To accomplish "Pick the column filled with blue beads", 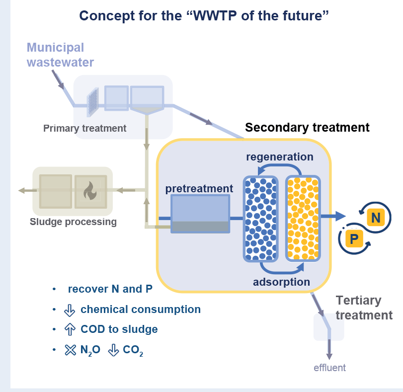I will (260, 219).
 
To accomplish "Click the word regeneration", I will (280, 157).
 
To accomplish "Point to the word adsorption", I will (281, 282).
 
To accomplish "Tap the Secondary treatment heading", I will (307, 128).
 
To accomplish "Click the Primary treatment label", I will (84, 129).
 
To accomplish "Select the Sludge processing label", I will (73, 222).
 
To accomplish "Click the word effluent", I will (329, 368).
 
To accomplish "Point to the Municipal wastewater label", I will (60, 55).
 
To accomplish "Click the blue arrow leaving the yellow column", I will (333, 216).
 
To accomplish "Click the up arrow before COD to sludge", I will (70, 329).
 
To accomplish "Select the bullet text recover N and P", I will (110, 289).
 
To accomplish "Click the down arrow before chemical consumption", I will (70, 310).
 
